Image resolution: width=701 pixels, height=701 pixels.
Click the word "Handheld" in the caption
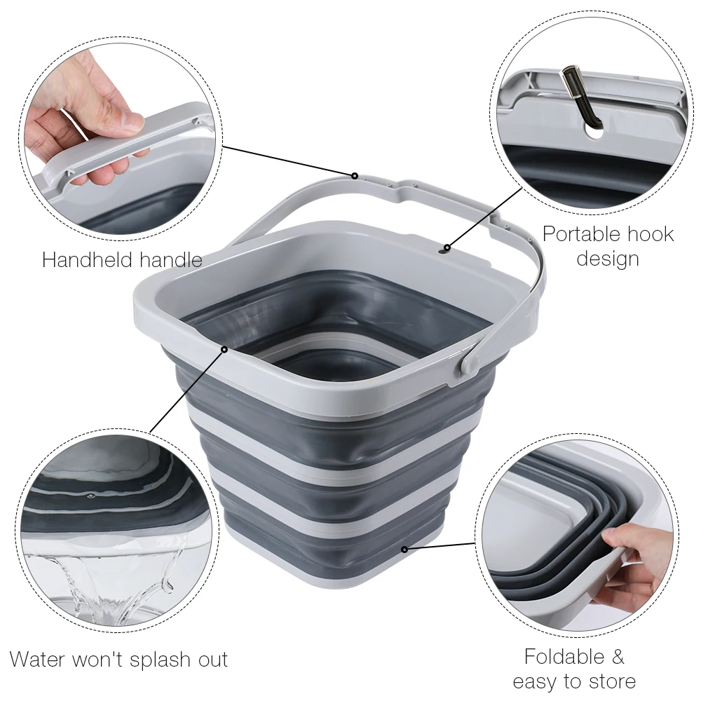coord(83,260)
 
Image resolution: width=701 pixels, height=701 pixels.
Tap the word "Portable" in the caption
coord(587,233)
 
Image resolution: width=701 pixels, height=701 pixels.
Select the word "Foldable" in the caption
coord(563,657)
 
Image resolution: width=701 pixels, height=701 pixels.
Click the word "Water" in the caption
coord(38,660)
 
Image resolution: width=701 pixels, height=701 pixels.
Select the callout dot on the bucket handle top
coord(355,175)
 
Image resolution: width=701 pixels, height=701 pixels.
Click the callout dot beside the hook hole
coord(447,247)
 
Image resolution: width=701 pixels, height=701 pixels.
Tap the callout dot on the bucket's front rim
coord(224,348)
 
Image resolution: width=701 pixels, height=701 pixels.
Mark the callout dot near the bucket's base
coord(404,547)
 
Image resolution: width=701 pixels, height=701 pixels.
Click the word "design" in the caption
coord(608,259)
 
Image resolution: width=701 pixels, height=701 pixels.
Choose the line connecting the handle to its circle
coord(287,161)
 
